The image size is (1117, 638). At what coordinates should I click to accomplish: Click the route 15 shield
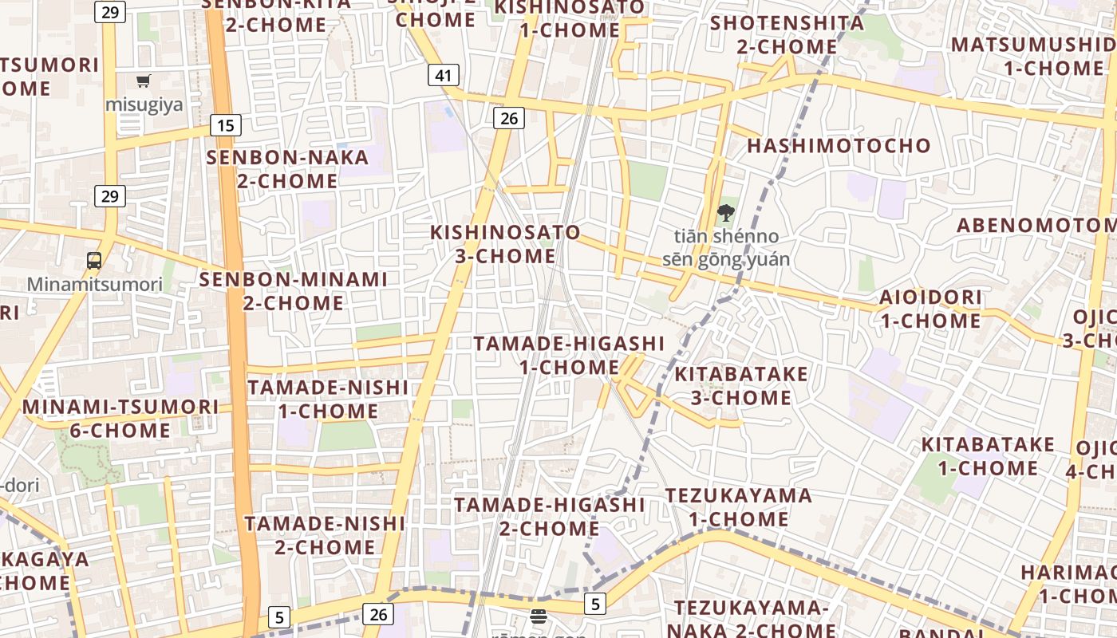coord(226,124)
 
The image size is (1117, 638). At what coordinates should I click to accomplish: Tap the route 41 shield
coord(444,76)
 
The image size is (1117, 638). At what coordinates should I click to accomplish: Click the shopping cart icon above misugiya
coord(144,81)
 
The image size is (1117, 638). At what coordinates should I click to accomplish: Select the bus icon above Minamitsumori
coord(94,260)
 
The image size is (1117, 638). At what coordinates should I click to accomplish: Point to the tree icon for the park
coord(725,213)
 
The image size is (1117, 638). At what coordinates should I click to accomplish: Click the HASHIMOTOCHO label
coord(839,146)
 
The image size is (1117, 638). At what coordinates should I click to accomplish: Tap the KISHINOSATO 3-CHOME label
coord(506,244)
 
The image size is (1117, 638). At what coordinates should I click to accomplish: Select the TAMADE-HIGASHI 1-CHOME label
coord(569,355)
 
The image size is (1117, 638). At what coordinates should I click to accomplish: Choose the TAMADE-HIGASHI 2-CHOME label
coord(550,516)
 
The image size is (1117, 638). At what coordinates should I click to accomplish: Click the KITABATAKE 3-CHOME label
coord(741,385)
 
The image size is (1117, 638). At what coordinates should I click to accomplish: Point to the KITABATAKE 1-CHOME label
coord(988,455)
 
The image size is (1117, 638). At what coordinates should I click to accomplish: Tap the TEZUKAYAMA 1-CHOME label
coord(739,507)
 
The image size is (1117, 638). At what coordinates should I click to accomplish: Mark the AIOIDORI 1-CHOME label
coord(930,309)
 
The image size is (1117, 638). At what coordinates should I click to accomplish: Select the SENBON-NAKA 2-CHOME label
coord(287,168)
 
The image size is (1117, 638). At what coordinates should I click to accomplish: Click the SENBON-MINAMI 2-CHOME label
coord(293,291)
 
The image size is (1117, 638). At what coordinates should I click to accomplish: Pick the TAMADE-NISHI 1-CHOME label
coord(328,399)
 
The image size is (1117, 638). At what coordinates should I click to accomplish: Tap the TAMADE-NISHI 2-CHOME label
coord(325,535)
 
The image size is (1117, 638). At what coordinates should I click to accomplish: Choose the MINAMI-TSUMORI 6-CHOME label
coord(120,418)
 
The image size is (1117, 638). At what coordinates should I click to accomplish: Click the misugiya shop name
coord(144,104)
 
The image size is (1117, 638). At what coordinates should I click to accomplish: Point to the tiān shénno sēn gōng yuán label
coord(726,247)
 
